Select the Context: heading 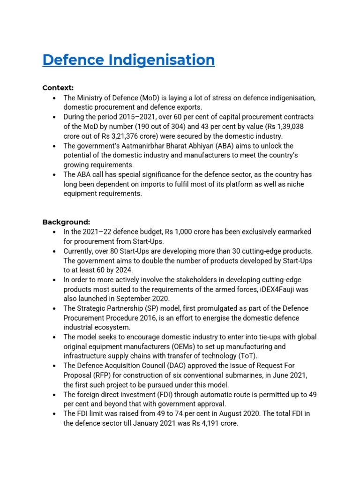click(x=58, y=88)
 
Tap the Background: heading click(x=66, y=222)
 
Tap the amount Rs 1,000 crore click(x=194, y=232)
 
